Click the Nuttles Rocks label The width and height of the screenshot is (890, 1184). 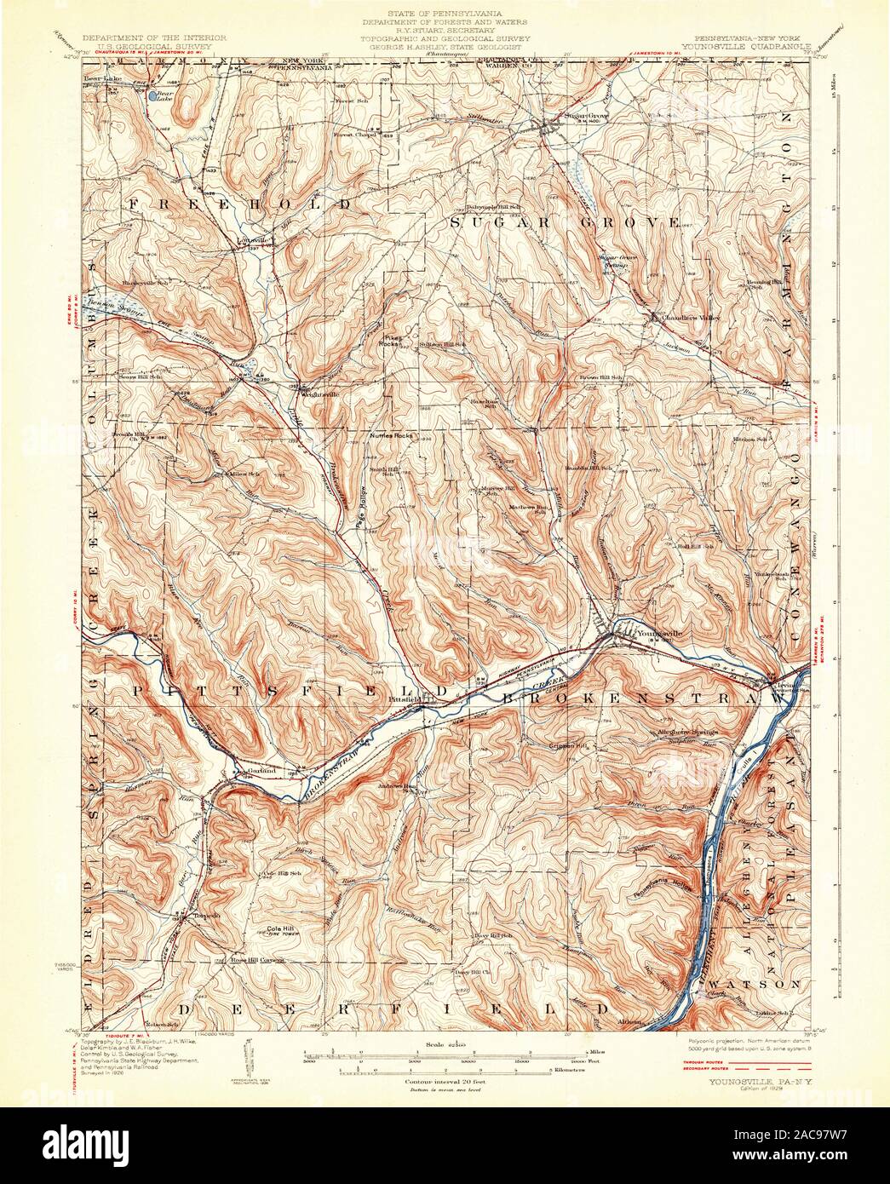tap(390, 434)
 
